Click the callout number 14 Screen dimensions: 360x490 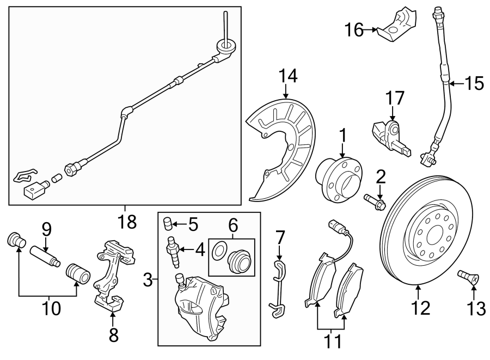pos(289,77)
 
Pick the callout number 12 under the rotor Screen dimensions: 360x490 pos(420,308)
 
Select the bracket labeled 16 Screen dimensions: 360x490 pos(398,26)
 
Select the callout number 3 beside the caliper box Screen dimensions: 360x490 pos(147,280)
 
